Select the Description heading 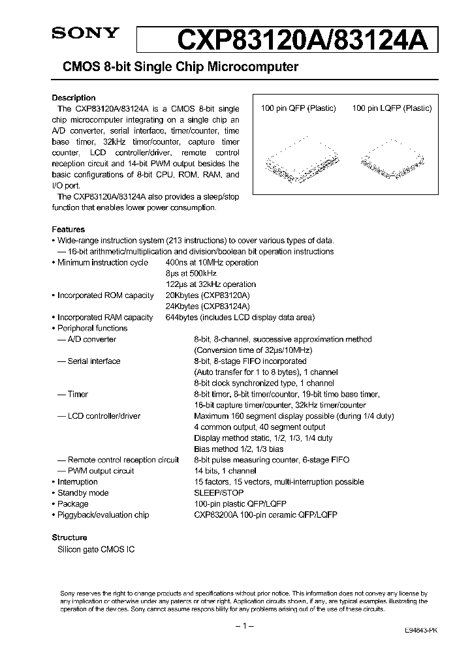click(73, 98)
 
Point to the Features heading click(68, 230)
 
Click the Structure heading click(69, 537)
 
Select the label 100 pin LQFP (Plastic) click(392, 108)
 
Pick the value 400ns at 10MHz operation click(212, 262)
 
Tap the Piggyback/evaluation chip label click(103, 515)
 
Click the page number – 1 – click(243, 626)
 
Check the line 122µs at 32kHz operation click(211, 284)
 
